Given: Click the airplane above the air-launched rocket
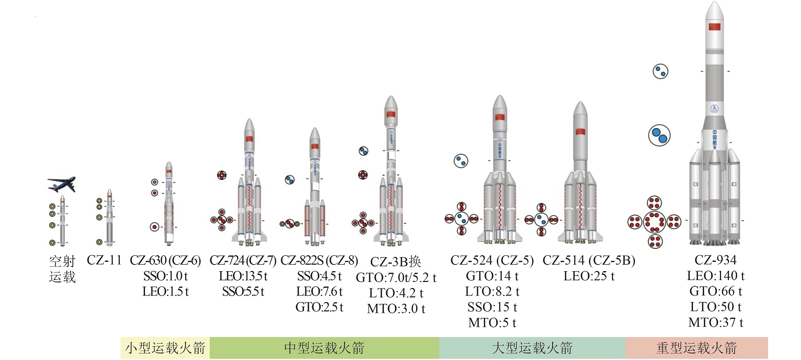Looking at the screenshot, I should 61,184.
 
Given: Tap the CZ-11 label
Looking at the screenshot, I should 104,260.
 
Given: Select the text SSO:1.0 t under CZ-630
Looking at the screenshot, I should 166,276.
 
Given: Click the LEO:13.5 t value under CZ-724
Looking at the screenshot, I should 243,276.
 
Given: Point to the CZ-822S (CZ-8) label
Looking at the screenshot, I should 319,260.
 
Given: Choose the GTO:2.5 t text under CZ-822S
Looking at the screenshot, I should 319,307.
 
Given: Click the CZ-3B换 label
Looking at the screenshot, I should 396,262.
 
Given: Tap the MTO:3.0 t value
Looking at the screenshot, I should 396,309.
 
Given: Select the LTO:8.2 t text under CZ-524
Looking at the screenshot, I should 492,291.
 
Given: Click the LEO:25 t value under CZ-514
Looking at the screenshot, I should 589,276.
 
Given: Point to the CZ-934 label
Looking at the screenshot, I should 715,260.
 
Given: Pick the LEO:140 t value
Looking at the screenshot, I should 715,276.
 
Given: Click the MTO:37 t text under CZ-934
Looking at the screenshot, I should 715,322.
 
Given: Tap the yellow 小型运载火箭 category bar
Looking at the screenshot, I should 165,348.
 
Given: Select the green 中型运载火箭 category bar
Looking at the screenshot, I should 324,348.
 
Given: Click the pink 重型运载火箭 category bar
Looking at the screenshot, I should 696,348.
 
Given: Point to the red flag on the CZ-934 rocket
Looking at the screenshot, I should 714,26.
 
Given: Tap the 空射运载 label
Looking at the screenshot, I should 62,269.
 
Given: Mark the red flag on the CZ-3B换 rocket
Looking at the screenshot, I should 391,114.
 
